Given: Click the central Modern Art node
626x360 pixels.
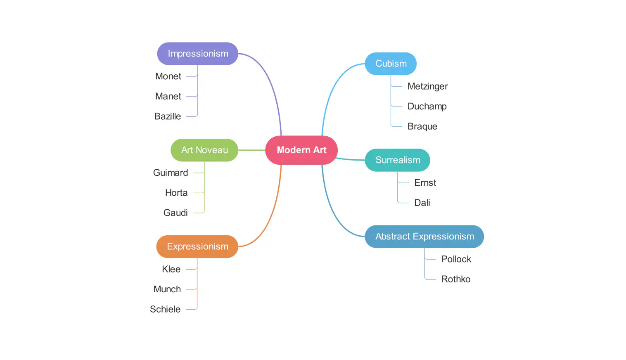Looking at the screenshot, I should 301,150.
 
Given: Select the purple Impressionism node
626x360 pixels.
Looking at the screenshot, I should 198,54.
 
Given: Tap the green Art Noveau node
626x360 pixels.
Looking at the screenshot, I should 204,150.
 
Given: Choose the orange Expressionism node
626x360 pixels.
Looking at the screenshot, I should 197,246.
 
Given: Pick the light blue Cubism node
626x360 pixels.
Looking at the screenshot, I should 391,64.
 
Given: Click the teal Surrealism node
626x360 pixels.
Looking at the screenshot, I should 397,160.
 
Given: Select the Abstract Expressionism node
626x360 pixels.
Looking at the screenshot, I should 424,237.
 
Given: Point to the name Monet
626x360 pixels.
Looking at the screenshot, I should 168,76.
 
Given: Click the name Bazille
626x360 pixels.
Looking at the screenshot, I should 168,116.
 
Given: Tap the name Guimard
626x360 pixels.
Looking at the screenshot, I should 171,173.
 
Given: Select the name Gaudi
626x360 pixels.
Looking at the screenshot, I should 175,213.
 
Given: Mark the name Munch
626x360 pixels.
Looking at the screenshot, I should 167,289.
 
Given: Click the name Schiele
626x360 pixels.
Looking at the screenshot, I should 165,309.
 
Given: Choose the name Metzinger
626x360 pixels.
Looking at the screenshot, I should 427,86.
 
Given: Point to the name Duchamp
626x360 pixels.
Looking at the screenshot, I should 427,107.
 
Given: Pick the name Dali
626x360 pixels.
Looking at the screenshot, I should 422,203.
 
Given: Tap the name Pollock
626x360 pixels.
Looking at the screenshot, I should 456,259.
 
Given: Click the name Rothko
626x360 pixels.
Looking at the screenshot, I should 455,279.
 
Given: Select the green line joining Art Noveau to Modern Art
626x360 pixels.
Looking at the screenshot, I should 251,150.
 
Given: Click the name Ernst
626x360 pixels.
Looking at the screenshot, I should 425,183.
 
